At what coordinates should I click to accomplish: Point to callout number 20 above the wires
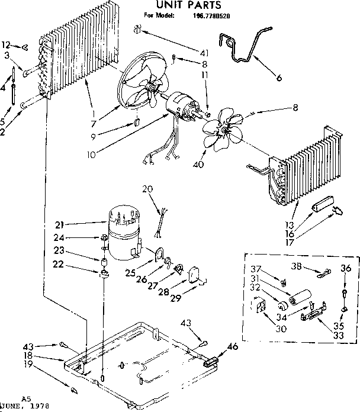coord(147,189)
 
